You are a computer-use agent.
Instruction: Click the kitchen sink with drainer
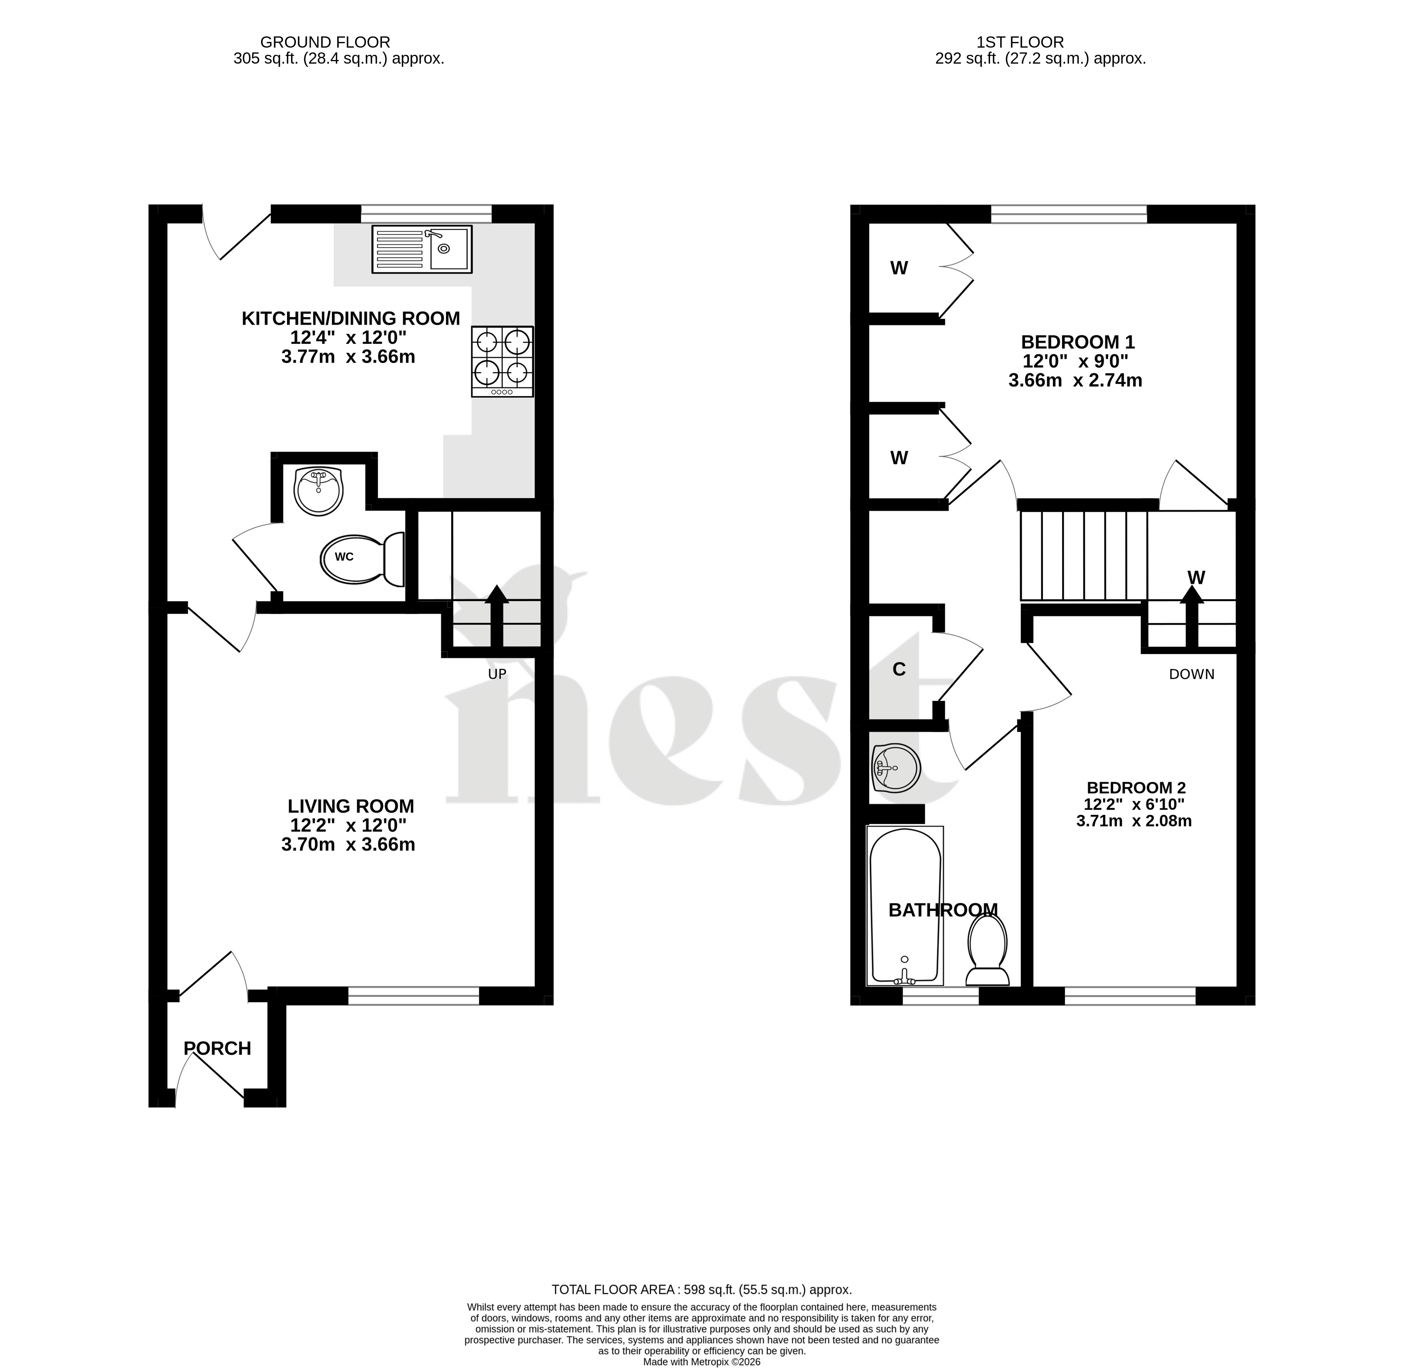coord(422,249)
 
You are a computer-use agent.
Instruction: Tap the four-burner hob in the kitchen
coord(502,361)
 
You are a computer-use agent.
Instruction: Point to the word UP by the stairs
coord(497,674)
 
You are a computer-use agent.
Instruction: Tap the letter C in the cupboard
coord(899,669)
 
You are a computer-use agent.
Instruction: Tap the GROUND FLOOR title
coord(325,42)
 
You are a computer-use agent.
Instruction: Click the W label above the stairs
coord(1196,577)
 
